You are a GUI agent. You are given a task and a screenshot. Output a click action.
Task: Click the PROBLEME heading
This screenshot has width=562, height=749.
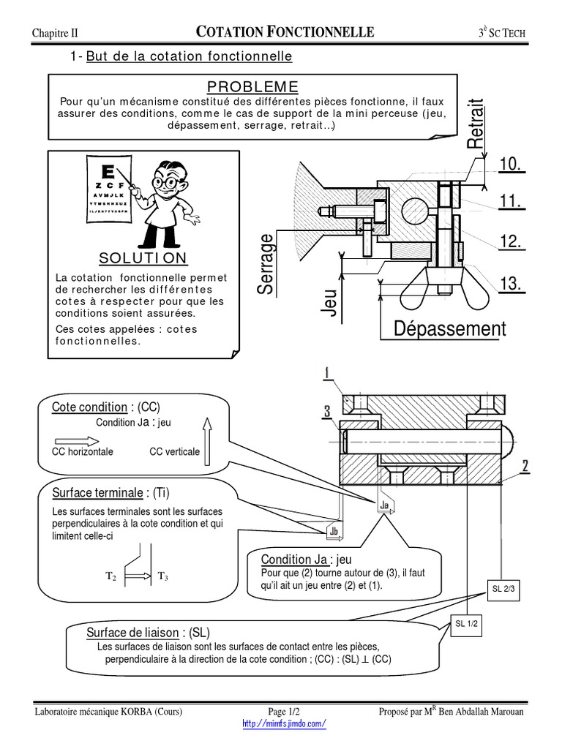252,86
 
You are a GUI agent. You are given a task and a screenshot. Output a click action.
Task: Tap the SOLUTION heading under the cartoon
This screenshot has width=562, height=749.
143,258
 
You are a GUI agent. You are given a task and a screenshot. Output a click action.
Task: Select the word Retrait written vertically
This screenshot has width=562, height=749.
476,124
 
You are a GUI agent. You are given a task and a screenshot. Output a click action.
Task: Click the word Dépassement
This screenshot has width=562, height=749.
449,328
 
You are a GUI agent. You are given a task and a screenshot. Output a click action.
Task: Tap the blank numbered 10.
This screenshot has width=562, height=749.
512,165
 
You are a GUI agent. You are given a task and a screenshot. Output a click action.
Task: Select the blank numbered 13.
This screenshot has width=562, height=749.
512,284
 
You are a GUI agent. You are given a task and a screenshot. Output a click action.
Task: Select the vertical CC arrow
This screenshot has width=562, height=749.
206,440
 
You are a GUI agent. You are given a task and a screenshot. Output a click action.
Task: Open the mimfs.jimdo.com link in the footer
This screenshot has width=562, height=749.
283,723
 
